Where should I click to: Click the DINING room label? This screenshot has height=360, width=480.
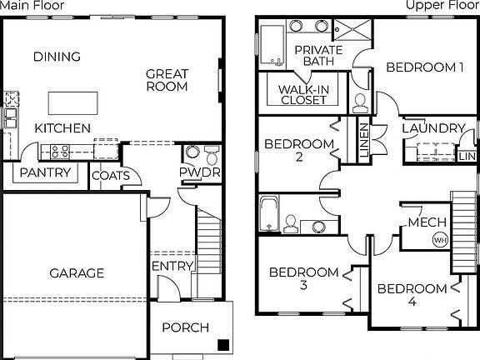click(x=57, y=57)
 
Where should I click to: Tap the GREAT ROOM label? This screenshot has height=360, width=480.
click(x=167, y=79)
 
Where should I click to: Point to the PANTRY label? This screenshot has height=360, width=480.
click(x=44, y=172)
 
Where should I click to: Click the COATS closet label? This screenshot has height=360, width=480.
click(x=110, y=175)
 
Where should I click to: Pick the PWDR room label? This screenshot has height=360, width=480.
click(x=200, y=172)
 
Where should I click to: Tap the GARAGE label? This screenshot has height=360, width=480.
click(x=77, y=272)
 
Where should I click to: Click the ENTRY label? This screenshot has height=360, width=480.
click(x=172, y=266)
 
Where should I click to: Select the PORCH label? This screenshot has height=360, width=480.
click(x=185, y=327)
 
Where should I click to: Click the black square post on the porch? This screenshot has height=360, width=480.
click(x=222, y=344)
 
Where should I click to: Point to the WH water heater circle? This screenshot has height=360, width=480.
click(x=439, y=240)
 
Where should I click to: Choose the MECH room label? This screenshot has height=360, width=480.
click(x=427, y=222)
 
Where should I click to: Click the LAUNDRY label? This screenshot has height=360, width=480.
click(x=433, y=128)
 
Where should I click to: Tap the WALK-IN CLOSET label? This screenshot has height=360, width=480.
click(x=302, y=94)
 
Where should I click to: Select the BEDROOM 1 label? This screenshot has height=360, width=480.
click(x=425, y=67)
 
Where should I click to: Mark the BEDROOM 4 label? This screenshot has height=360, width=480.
click(x=412, y=295)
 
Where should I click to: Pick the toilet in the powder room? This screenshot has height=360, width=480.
click(x=212, y=156)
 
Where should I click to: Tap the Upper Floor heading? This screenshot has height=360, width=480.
click(x=442, y=6)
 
